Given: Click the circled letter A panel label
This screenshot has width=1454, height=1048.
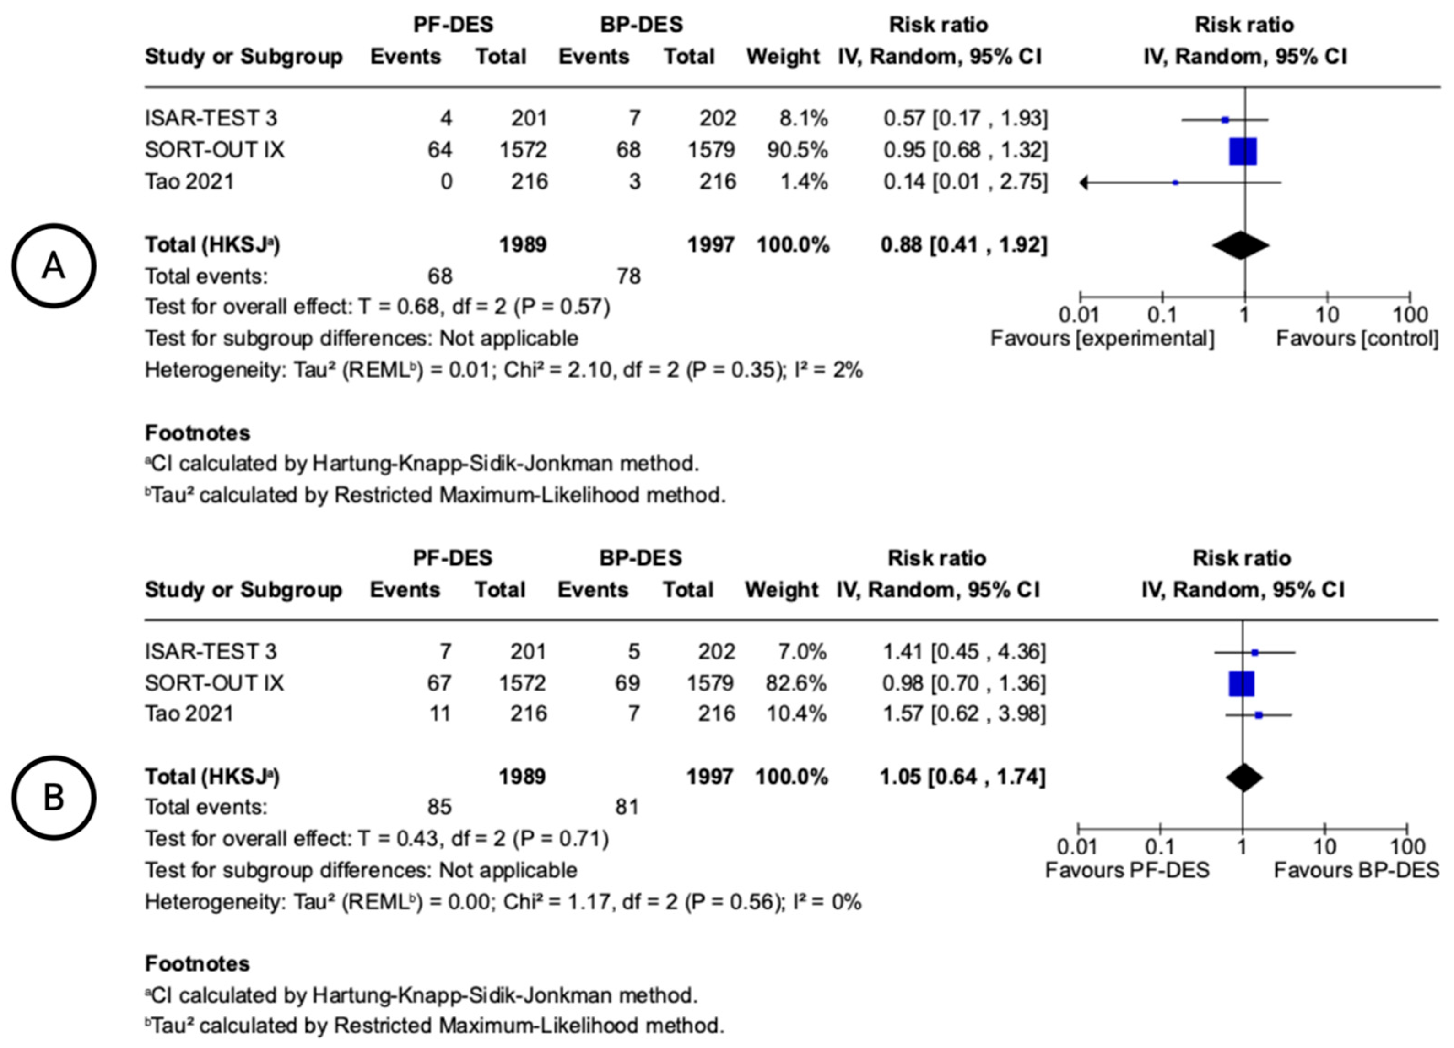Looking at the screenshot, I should click(x=54, y=265).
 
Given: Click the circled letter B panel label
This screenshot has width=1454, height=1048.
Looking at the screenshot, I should click(x=54, y=797).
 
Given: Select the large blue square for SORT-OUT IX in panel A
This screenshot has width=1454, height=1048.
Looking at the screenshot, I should click(x=1243, y=151).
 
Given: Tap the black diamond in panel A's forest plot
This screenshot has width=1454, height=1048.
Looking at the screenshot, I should click(x=1241, y=245).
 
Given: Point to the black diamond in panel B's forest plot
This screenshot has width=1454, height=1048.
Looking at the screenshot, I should click(x=1244, y=778).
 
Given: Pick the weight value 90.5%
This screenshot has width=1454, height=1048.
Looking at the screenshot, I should click(x=797, y=150).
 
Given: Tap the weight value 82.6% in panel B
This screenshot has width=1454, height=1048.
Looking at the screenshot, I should click(x=795, y=683).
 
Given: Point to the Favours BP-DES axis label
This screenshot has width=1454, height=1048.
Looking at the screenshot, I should click(x=1356, y=870).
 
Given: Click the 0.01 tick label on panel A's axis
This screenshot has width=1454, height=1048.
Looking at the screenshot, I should click(x=1079, y=315).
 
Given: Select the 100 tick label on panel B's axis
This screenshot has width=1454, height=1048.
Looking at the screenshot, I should click(x=1408, y=848).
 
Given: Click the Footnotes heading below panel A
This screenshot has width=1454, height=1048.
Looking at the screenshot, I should click(x=197, y=433).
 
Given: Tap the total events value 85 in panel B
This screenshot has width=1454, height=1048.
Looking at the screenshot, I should click(x=439, y=807).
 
